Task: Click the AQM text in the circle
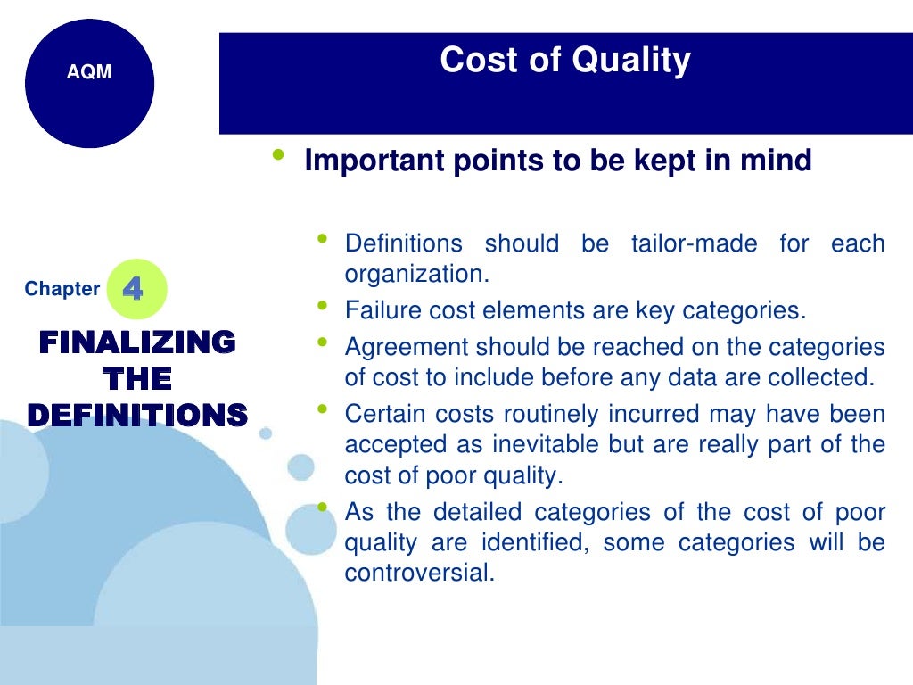pyautogui.click(x=89, y=73)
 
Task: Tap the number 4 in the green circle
pyautogui.click(x=132, y=289)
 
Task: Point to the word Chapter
pyautogui.click(x=62, y=289)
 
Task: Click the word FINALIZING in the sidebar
pyautogui.click(x=137, y=342)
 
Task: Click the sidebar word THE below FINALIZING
pyautogui.click(x=137, y=378)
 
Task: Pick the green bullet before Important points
pyautogui.click(x=279, y=155)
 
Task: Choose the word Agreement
pyautogui.click(x=406, y=347)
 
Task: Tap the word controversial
pyautogui.click(x=419, y=573)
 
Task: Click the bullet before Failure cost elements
pyautogui.click(x=321, y=306)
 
